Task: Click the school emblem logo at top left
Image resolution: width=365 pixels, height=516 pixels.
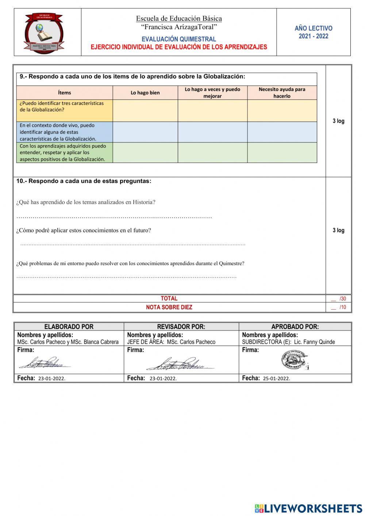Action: click(x=44, y=33)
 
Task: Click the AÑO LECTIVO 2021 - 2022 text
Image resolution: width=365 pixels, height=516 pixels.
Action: click(x=313, y=32)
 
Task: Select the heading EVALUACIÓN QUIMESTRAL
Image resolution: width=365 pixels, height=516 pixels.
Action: click(x=178, y=39)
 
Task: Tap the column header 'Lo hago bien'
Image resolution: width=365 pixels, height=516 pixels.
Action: click(x=145, y=93)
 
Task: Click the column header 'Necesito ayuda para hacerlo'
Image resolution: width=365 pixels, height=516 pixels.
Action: click(x=282, y=93)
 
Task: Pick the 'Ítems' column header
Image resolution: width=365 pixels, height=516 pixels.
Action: click(x=64, y=93)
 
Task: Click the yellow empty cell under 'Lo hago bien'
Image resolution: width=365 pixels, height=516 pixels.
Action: click(x=145, y=111)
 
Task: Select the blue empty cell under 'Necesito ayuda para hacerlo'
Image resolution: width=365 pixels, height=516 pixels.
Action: click(x=282, y=132)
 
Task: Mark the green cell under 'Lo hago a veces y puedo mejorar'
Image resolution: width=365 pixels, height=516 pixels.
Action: click(x=212, y=152)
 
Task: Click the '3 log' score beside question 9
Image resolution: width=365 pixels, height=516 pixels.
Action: click(x=338, y=121)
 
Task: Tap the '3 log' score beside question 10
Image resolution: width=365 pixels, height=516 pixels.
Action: click(x=338, y=230)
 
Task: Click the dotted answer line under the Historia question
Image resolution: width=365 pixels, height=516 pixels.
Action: click(x=114, y=217)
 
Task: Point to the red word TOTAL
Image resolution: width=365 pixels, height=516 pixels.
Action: click(x=169, y=298)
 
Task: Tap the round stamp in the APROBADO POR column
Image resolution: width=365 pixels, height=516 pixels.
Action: click(x=294, y=360)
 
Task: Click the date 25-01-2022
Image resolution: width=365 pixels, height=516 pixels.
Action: click(x=276, y=379)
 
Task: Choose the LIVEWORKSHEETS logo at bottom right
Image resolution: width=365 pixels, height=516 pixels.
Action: click(x=308, y=508)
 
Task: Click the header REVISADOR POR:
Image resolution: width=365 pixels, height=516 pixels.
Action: click(x=181, y=327)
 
